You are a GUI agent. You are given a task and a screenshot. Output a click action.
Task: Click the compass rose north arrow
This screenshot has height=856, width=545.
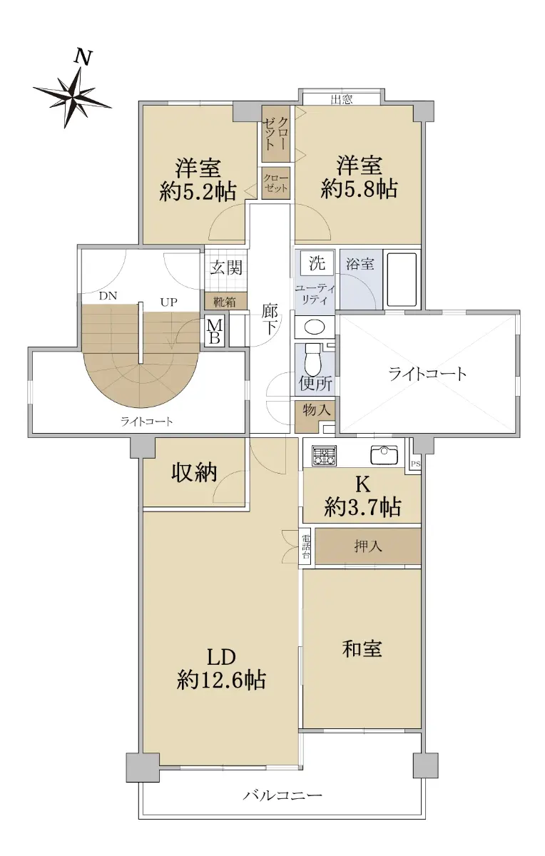73,98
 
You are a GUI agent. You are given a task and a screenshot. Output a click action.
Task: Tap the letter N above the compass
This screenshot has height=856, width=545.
83,58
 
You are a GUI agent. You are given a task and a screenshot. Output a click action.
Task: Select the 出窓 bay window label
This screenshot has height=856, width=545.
341,100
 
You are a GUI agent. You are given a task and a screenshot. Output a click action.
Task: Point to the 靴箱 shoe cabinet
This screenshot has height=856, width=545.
225,302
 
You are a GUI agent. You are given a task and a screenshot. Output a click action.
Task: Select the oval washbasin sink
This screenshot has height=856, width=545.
315,327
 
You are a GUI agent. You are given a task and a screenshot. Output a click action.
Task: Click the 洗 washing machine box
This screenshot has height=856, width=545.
317,263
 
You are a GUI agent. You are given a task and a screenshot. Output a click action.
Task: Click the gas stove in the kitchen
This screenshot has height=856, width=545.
325,456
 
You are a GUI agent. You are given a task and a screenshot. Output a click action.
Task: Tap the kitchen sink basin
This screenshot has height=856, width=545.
384,456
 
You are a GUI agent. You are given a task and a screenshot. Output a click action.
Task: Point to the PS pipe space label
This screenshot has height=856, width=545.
415,464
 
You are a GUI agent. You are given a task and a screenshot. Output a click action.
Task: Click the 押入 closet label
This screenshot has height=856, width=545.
367,546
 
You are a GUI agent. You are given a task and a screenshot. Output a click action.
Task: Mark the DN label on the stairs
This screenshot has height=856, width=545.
108,296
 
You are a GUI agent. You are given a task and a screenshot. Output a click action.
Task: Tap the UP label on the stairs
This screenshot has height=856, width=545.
168,302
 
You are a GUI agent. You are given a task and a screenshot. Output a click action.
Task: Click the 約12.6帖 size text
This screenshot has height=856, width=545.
221,680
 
